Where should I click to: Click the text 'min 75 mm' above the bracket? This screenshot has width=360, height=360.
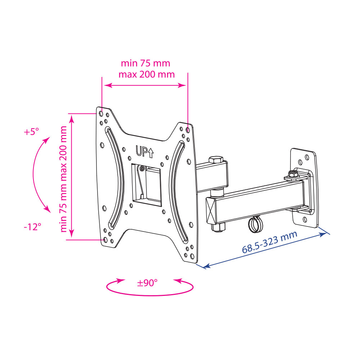[x=145, y=63]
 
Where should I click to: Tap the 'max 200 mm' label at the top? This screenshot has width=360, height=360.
[x=147, y=75]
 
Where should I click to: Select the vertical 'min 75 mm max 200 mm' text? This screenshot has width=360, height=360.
[x=63, y=179]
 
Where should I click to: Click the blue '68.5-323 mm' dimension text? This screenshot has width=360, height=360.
[x=270, y=242]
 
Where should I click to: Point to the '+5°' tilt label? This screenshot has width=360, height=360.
[x=31, y=132]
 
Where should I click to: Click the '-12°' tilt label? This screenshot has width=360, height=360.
[x=32, y=227]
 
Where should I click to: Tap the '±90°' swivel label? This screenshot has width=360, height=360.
[x=147, y=283]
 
